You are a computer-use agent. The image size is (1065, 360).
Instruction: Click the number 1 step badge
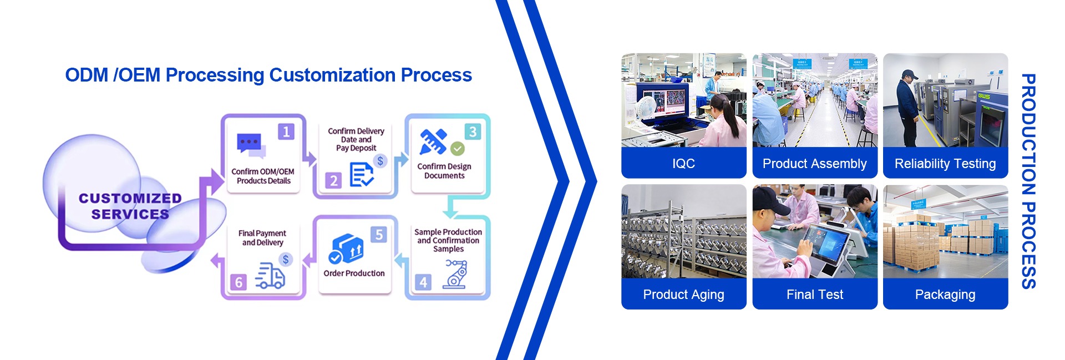coord(286,132)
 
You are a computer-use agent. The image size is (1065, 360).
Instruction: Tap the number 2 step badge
coord(333,180)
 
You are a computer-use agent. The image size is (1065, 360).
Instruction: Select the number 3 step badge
coord(473,132)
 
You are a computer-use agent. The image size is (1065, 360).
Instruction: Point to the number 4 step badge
coord(423,282)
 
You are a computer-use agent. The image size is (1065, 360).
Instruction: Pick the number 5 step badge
coord(379,235)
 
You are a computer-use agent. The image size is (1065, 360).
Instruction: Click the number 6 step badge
coord(239,282)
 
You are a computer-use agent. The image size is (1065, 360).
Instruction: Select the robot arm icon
coord(455,274)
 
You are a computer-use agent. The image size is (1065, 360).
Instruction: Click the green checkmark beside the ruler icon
coord(458,148)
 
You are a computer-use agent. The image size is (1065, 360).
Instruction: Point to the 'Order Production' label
coord(354,273)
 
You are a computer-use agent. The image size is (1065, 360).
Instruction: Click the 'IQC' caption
coord(683,164)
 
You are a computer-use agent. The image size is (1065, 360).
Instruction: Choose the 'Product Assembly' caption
coord(814,164)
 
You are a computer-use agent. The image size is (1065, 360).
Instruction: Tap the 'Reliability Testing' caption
coord(945,164)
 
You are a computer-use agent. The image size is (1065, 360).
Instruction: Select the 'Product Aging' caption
coord(683,295)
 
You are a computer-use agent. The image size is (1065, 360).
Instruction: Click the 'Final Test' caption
coord(814,295)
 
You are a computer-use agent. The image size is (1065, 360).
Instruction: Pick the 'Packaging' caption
coord(945,295)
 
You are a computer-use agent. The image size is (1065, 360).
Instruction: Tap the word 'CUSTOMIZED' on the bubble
coord(130,199)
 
